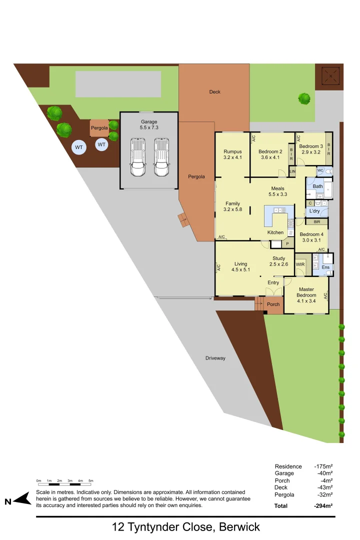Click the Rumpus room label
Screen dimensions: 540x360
point(232,151)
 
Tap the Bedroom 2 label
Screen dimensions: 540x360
point(270,151)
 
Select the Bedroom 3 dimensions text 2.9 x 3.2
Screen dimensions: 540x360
point(310,152)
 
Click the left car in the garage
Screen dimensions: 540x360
point(138,157)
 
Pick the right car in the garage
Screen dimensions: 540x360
point(161,157)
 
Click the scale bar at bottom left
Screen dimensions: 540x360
point(64,484)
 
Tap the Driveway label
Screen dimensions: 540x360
point(215,358)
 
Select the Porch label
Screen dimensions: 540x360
point(273,304)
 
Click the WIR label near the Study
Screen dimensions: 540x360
point(300,264)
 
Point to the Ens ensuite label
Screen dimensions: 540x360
point(325,268)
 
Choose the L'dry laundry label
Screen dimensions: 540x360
point(315,211)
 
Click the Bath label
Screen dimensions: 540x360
point(318,186)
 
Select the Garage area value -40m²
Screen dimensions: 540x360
point(324,473)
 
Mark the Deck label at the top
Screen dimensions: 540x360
point(214,92)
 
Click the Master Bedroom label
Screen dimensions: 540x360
point(306,292)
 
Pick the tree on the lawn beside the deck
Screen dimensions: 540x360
point(304,98)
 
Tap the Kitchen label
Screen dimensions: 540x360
point(275,232)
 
